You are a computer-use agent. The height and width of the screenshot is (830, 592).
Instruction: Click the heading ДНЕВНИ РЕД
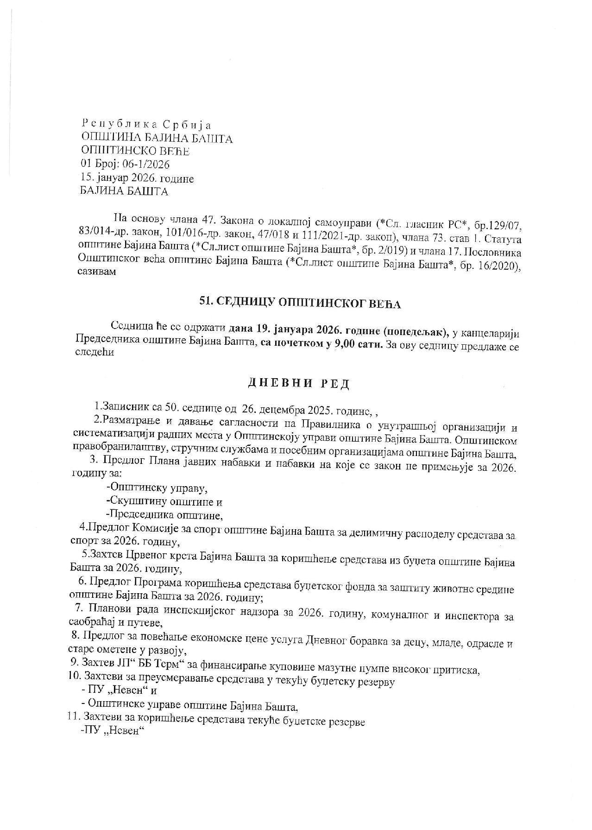tap(299, 383)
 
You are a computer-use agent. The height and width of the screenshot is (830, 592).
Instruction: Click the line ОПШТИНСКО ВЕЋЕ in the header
tap(135, 151)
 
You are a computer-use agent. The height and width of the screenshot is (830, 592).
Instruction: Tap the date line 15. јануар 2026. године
tap(137, 178)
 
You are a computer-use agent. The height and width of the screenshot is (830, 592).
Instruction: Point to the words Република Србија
tap(146, 125)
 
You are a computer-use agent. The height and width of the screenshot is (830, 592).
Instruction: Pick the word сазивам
tap(97, 272)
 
